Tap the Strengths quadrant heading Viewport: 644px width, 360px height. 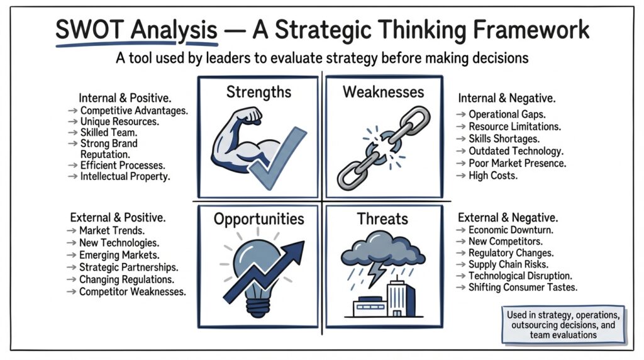coord(258,93)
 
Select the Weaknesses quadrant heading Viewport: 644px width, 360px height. coord(383,93)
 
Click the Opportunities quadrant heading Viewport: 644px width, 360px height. coord(258,218)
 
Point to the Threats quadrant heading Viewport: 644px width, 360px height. coord(382,219)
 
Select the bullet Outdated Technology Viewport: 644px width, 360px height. coord(515,151)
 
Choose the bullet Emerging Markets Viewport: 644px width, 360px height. coord(119,255)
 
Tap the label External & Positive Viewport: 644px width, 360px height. coord(118,218)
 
